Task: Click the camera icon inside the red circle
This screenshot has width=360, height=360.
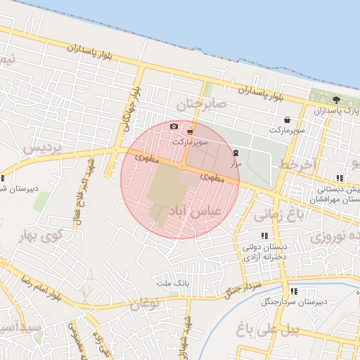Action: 174,127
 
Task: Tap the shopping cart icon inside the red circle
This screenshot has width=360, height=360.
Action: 191,131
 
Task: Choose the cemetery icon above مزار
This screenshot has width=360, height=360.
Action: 236,153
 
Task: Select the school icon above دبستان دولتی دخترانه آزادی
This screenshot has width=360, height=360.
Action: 264,236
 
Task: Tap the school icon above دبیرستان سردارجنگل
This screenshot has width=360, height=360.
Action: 294,290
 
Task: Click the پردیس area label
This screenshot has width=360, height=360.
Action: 42,149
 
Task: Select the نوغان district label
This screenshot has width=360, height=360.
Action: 145,304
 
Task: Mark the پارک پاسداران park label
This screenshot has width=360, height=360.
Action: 335,111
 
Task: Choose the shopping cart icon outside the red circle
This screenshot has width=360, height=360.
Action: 288,120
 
